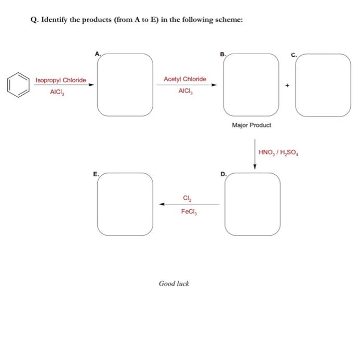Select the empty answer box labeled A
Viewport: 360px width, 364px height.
click(x=125, y=84)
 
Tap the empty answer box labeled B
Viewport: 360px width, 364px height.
click(x=252, y=84)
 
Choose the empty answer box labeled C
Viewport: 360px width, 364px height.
click(x=323, y=84)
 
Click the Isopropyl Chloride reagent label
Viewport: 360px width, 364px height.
click(x=61, y=81)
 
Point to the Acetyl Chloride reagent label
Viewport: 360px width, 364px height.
click(x=185, y=79)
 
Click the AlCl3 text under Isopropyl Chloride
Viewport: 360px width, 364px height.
click(x=57, y=92)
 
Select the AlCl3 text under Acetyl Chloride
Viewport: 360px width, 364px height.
click(x=185, y=90)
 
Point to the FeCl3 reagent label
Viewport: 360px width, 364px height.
click(x=188, y=211)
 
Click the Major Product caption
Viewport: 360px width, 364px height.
click(x=251, y=125)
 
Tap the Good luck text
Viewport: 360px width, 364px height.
click(x=174, y=283)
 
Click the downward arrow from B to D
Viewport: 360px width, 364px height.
click(x=255, y=153)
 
